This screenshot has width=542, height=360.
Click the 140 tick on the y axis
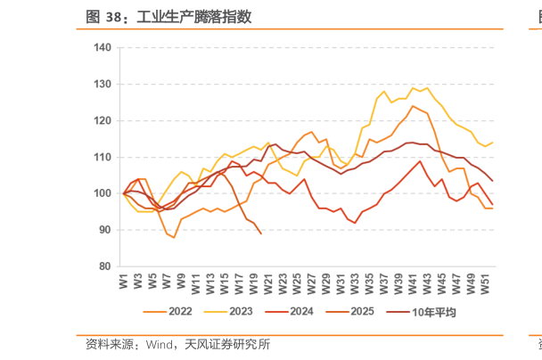103,47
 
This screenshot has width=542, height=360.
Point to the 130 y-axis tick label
103,84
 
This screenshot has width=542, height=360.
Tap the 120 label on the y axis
103,120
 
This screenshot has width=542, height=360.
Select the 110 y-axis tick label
103,157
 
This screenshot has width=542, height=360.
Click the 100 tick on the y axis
103,193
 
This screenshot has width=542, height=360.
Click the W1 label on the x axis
124,281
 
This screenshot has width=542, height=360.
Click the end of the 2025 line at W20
260,233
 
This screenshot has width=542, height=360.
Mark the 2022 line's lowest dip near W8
174,237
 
